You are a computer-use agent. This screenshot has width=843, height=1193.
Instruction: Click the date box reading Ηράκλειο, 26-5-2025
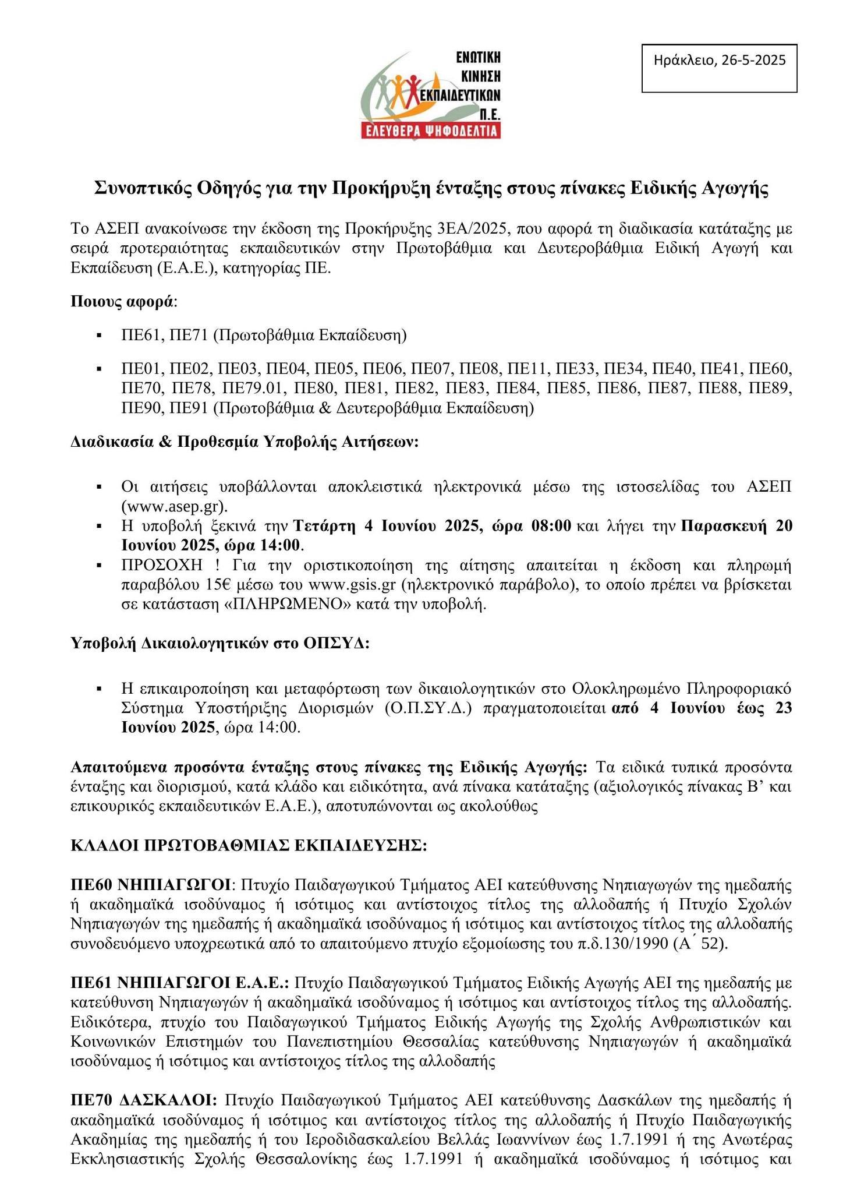[x=719, y=60]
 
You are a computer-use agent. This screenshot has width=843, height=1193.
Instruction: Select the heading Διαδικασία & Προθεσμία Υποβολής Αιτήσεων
[x=245, y=442]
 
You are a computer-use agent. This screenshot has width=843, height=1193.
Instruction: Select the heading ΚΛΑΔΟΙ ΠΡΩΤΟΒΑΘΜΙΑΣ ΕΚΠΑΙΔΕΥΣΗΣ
[x=249, y=845]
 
